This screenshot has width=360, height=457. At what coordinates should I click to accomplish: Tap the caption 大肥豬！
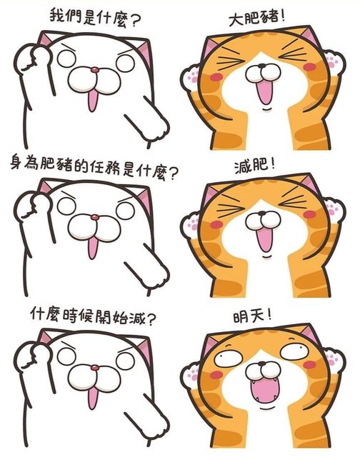[x=256, y=18]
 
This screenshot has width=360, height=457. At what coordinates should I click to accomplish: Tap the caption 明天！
[x=252, y=316]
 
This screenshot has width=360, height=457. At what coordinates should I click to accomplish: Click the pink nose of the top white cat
[x=94, y=70]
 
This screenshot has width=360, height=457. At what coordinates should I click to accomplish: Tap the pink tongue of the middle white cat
[x=92, y=248]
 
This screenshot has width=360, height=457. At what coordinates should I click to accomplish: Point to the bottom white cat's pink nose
[x=94, y=368]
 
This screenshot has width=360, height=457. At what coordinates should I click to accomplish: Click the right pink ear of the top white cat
[x=145, y=52]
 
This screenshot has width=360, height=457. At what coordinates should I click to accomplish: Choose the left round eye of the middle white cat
[x=66, y=207]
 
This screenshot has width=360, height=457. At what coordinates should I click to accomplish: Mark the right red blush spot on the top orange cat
[x=309, y=67]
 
